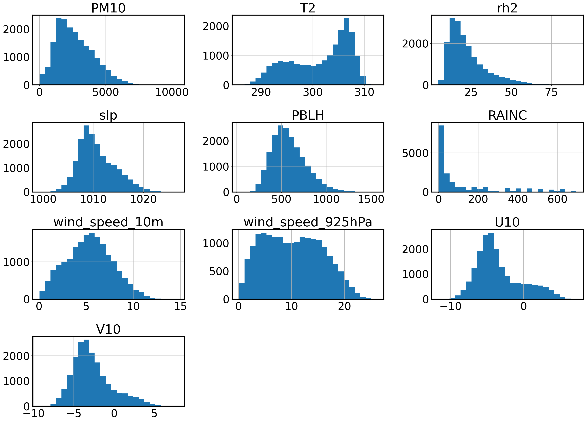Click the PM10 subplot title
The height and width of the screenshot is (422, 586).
[108, 8]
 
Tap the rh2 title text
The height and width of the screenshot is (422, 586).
[507, 8]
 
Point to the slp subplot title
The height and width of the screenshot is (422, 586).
[108, 115]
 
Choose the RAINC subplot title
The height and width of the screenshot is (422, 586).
[507, 115]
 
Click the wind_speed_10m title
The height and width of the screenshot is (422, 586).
[108, 222]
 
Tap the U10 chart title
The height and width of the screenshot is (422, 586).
[507, 222]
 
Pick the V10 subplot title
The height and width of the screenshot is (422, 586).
[108, 329]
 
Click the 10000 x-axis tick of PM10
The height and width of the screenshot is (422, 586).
[172, 92]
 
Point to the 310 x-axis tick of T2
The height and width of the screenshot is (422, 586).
[364, 92]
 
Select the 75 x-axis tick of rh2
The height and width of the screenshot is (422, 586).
[551, 92]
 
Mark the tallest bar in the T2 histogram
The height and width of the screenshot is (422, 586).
[346, 52]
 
